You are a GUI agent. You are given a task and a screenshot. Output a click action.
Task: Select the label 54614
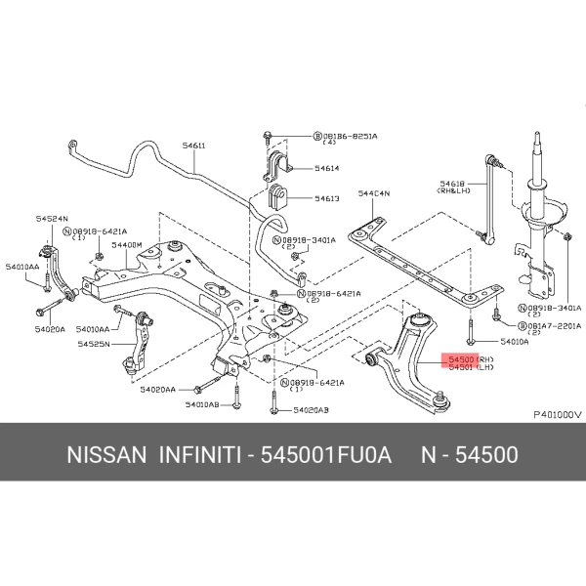(327, 168)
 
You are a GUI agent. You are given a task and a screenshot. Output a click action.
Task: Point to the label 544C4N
(373, 194)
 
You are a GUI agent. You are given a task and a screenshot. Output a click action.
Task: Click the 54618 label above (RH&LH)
(452, 183)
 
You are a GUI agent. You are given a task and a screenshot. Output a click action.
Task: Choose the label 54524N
(52, 220)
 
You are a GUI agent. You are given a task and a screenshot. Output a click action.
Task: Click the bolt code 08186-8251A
(351, 136)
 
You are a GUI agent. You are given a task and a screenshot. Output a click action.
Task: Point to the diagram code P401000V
(557, 413)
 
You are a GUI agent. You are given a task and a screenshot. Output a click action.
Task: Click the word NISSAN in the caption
(106, 456)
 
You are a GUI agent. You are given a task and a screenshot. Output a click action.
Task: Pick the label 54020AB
(311, 410)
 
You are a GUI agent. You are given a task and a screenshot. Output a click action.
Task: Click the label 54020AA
(158, 389)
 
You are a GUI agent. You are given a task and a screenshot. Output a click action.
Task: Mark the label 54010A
(514, 342)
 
